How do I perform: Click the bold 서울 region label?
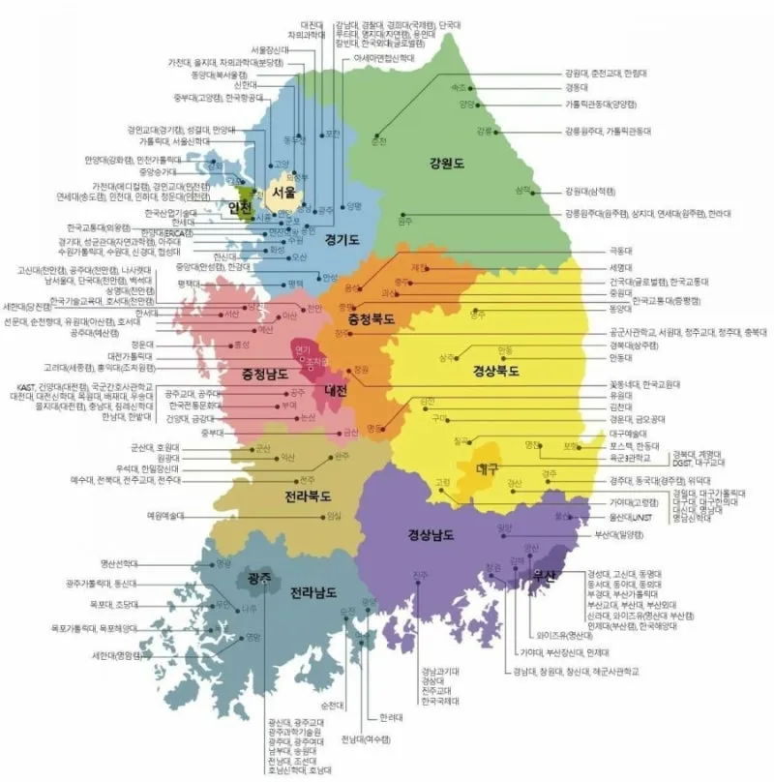pos(283,193)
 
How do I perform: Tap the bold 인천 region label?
pos(239,208)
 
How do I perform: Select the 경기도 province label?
pos(342,238)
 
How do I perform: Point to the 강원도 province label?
pos(446,164)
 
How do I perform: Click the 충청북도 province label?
pos(363,317)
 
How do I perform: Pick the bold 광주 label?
pos(258,578)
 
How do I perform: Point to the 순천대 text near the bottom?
pos(332,705)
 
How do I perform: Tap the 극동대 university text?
pos(620,251)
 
